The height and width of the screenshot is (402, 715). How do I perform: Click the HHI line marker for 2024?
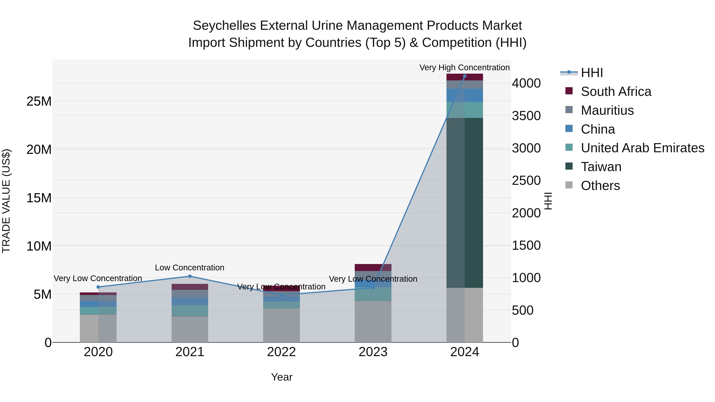(465, 76)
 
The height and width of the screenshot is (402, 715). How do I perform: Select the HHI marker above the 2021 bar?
(190, 276)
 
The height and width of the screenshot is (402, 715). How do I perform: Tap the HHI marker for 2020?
(98, 287)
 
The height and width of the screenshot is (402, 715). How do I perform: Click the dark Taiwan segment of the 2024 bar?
(465, 202)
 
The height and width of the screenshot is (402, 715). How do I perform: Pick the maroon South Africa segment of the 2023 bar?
(373, 267)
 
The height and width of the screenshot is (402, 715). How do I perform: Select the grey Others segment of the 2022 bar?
(281, 325)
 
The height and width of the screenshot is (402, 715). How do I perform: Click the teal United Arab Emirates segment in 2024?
(465, 110)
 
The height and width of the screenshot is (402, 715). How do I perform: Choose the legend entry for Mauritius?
(607, 110)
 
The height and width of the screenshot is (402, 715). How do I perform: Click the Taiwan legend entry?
(601, 167)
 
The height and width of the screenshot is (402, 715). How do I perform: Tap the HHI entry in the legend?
(592, 73)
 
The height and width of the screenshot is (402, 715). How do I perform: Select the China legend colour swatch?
(569, 129)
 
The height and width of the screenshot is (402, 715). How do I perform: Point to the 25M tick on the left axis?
(39, 101)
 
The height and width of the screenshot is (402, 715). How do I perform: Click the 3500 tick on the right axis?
(526, 116)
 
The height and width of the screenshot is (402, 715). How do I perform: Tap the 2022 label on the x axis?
(281, 352)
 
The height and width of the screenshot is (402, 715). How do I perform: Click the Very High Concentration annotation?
(464, 67)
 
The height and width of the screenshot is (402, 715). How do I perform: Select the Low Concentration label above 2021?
(190, 268)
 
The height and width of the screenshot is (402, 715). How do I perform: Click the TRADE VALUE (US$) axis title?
(6, 201)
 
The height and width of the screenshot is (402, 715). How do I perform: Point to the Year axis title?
(282, 377)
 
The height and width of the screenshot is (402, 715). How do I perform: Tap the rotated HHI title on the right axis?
(548, 201)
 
